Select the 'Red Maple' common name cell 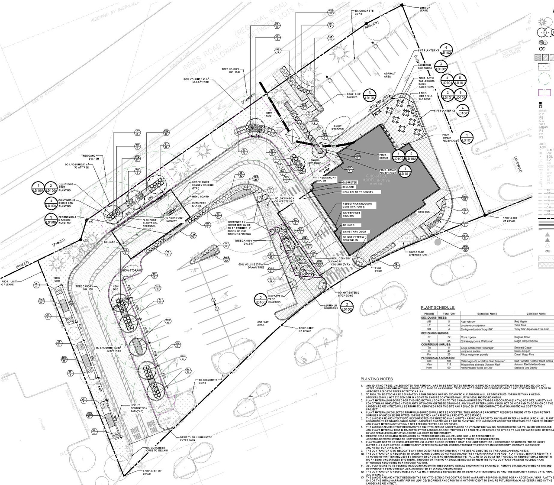pyautogui.click(x=520, y=322)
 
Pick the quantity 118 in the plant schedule pyautogui.click(x=449, y=364)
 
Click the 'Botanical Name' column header pyautogui.click(x=487, y=314)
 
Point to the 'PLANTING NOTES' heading pyautogui.click(x=376, y=378)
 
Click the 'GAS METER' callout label pyautogui.click(x=350, y=182)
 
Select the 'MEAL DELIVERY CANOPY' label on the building pyautogui.click(x=358, y=192)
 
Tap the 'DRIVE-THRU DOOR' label pyautogui.click(x=354, y=232)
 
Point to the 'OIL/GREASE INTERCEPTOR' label pyautogui.click(x=417, y=253)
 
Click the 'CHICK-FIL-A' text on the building pyautogui.click(x=366, y=176)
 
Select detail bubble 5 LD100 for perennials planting pyautogui.click(x=51, y=220)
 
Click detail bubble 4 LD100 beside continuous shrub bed pyautogui.click(x=51, y=203)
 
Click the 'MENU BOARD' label pyautogui.click(x=200, y=196)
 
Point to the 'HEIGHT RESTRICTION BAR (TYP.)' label pyautogui.click(x=139, y=408)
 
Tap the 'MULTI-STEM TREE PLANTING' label pyautogui.click(x=274, y=299)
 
